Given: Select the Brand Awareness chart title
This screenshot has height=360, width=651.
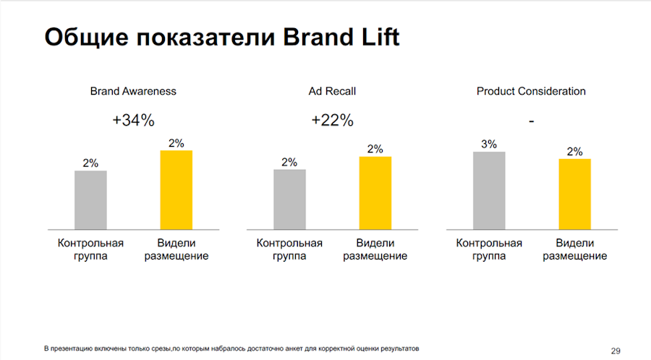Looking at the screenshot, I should click(x=133, y=92).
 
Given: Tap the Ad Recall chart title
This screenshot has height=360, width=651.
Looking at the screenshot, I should click(x=332, y=92).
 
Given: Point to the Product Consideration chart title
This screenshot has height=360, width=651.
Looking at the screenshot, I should click(x=531, y=92).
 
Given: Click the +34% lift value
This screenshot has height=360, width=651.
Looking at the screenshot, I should click(x=133, y=121).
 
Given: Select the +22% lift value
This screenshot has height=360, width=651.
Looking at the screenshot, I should click(x=332, y=121).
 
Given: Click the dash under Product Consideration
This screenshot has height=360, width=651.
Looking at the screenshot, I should click(x=531, y=121).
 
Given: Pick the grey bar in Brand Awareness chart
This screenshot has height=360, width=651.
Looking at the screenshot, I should click(x=90, y=200).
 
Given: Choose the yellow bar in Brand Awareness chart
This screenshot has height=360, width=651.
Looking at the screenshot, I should click(x=176, y=189).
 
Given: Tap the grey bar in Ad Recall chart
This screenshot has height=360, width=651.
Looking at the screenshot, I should click(x=289, y=199).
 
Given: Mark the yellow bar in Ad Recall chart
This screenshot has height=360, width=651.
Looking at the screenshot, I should click(x=375, y=192).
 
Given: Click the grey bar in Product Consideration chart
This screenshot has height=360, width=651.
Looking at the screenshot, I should click(x=489, y=190).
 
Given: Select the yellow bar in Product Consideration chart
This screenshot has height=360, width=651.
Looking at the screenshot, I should click(x=574, y=194).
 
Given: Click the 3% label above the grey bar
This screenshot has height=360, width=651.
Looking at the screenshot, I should click(x=489, y=144).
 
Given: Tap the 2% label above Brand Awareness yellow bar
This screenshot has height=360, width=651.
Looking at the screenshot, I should click(x=176, y=143).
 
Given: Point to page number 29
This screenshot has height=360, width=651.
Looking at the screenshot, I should click(x=616, y=351).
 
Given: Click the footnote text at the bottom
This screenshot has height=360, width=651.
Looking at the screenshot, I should click(x=231, y=348).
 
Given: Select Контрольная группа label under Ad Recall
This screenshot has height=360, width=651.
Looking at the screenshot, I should click(x=289, y=249).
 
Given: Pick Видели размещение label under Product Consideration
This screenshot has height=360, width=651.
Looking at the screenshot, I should click(x=574, y=249).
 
